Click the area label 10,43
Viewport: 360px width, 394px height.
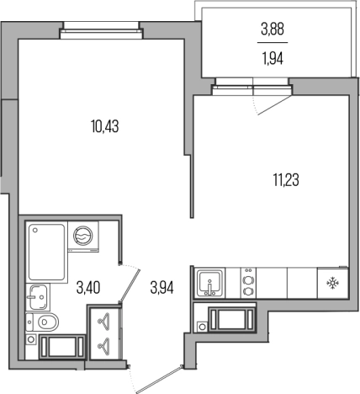click(x=105, y=125)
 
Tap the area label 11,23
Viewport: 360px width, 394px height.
click(x=286, y=180)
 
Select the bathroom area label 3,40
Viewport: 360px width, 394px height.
click(x=88, y=288)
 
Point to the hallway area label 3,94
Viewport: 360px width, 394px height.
click(x=162, y=288)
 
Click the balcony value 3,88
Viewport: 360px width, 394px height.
click(x=273, y=29)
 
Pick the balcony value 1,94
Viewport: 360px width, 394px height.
click(x=273, y=59)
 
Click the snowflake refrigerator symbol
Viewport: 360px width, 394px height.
click(x=332, y=283)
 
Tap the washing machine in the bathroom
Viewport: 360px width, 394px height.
click(x=83, y=237)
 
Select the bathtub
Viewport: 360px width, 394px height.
click(x=46, y=252)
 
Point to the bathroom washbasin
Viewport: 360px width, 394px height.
click(x=39, y=297)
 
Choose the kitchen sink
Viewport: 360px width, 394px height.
click(x=210, y=283)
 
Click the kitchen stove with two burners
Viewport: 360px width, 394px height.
click(x=248, y=282)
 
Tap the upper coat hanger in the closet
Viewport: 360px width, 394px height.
click(x=103, y=320)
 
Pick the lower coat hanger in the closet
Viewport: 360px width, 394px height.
click(x=103, y=344)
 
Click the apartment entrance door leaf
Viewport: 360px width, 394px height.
click(x=159, y=380)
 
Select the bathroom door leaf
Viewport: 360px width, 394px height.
click(x=130, y=285)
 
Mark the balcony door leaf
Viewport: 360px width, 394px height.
click(x=274, y=105)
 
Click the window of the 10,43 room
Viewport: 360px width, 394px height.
click(x=101, y=30)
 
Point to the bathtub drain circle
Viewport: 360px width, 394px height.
click(x=35, y=230)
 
